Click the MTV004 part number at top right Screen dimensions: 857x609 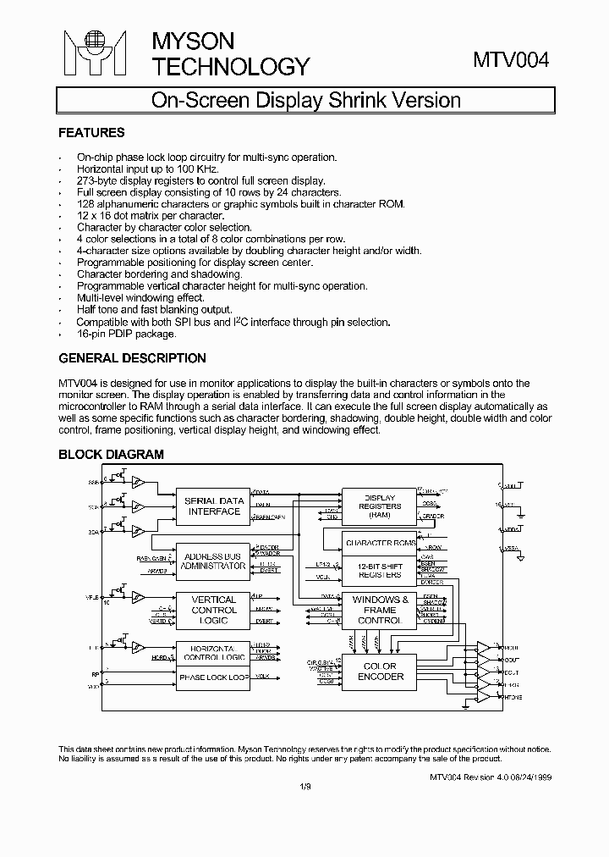point(511,61)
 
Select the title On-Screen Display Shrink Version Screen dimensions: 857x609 point(305,100)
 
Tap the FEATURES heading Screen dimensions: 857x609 point(91,133)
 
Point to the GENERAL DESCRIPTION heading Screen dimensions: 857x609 point(132,358)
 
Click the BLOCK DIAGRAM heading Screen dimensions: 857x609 point(111,455)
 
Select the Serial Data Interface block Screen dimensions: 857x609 point(214,506)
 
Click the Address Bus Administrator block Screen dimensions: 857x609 point(214,561)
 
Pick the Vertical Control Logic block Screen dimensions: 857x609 point(214,611)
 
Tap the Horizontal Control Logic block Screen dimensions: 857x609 point(214,652)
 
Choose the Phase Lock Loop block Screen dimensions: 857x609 point(214,677)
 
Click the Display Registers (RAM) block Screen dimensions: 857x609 point(379,506)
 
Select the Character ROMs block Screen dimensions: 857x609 point(380,542)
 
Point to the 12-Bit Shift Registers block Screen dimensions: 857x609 point(380,570)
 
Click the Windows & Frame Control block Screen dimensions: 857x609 point(380,610)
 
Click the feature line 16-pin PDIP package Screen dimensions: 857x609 point(127,334)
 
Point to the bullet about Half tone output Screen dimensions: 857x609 point(154,310)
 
